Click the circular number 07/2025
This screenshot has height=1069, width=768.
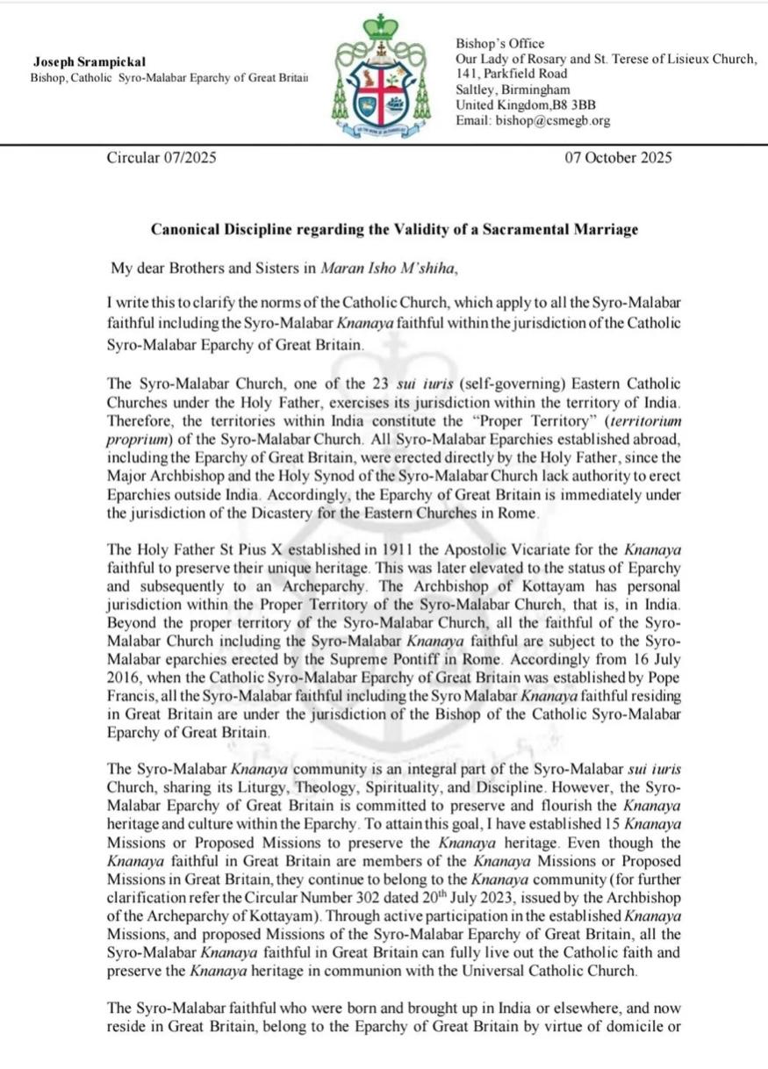click(187, 158)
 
